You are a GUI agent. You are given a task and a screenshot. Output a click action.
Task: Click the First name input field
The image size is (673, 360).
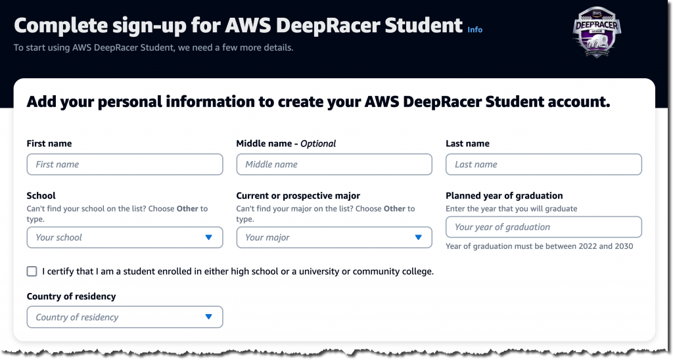point(125,164)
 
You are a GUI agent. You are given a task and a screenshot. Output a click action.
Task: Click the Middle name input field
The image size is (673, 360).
point(334,164)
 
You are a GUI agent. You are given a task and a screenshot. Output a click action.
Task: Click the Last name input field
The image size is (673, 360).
point(544,164)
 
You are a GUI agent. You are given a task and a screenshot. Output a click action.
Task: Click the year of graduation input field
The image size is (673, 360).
point(544,227)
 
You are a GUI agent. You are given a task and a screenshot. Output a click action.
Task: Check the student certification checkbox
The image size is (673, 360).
point(32,271)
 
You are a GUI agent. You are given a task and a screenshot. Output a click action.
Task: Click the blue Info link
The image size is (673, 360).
point(475,30)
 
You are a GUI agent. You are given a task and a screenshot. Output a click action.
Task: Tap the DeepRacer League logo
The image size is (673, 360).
point(597,33)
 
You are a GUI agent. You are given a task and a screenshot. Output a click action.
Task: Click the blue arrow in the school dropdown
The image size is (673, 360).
point(208,237)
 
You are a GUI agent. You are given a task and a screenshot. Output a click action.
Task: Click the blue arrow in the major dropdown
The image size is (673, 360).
point(418,237)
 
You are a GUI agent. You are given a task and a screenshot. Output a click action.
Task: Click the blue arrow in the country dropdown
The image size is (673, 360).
point(208,317)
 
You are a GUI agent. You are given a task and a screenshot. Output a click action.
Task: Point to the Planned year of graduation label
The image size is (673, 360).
point(504,196)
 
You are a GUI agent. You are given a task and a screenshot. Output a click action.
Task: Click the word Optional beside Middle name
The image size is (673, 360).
point(318,143)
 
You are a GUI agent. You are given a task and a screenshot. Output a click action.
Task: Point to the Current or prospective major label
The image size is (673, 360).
point(298,196)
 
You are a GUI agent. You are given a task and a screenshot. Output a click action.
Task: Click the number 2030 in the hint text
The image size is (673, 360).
point(622,246)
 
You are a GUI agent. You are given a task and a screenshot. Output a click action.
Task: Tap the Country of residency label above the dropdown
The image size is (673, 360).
point(71,296)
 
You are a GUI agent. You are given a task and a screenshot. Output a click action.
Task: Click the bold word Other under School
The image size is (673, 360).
point(187,209)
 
